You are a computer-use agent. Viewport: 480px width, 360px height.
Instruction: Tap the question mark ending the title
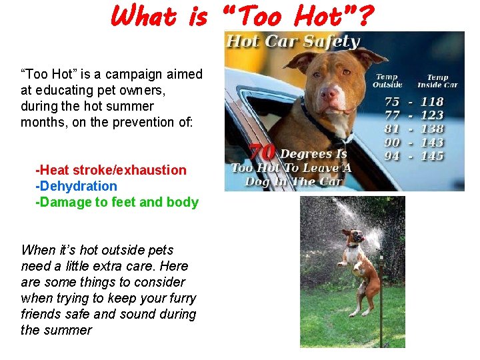click(x=366, y=16)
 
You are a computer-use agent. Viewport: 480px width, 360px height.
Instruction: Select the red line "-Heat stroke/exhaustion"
click(x=111, y=170)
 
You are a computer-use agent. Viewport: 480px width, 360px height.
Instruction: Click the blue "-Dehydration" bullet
click(x=76, y=186)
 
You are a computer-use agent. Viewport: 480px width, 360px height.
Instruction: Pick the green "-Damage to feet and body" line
click(x=117, y=202)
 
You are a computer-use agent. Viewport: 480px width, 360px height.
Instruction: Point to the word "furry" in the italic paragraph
click(x=181, y=298)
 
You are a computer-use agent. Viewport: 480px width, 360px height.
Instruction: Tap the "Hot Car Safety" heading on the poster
click(x=293, y=41)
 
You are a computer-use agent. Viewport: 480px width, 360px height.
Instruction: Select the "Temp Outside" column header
click(x=387, y=81)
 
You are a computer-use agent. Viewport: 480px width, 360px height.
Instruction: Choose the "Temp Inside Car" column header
click(x=437, y=81)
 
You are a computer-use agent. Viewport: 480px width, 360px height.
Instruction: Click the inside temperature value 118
click(x=432, y=102)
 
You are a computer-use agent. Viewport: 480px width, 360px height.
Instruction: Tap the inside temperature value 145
click(x=432, y=156)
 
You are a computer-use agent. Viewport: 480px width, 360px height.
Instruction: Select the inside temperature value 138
click(x=432, y=129)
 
